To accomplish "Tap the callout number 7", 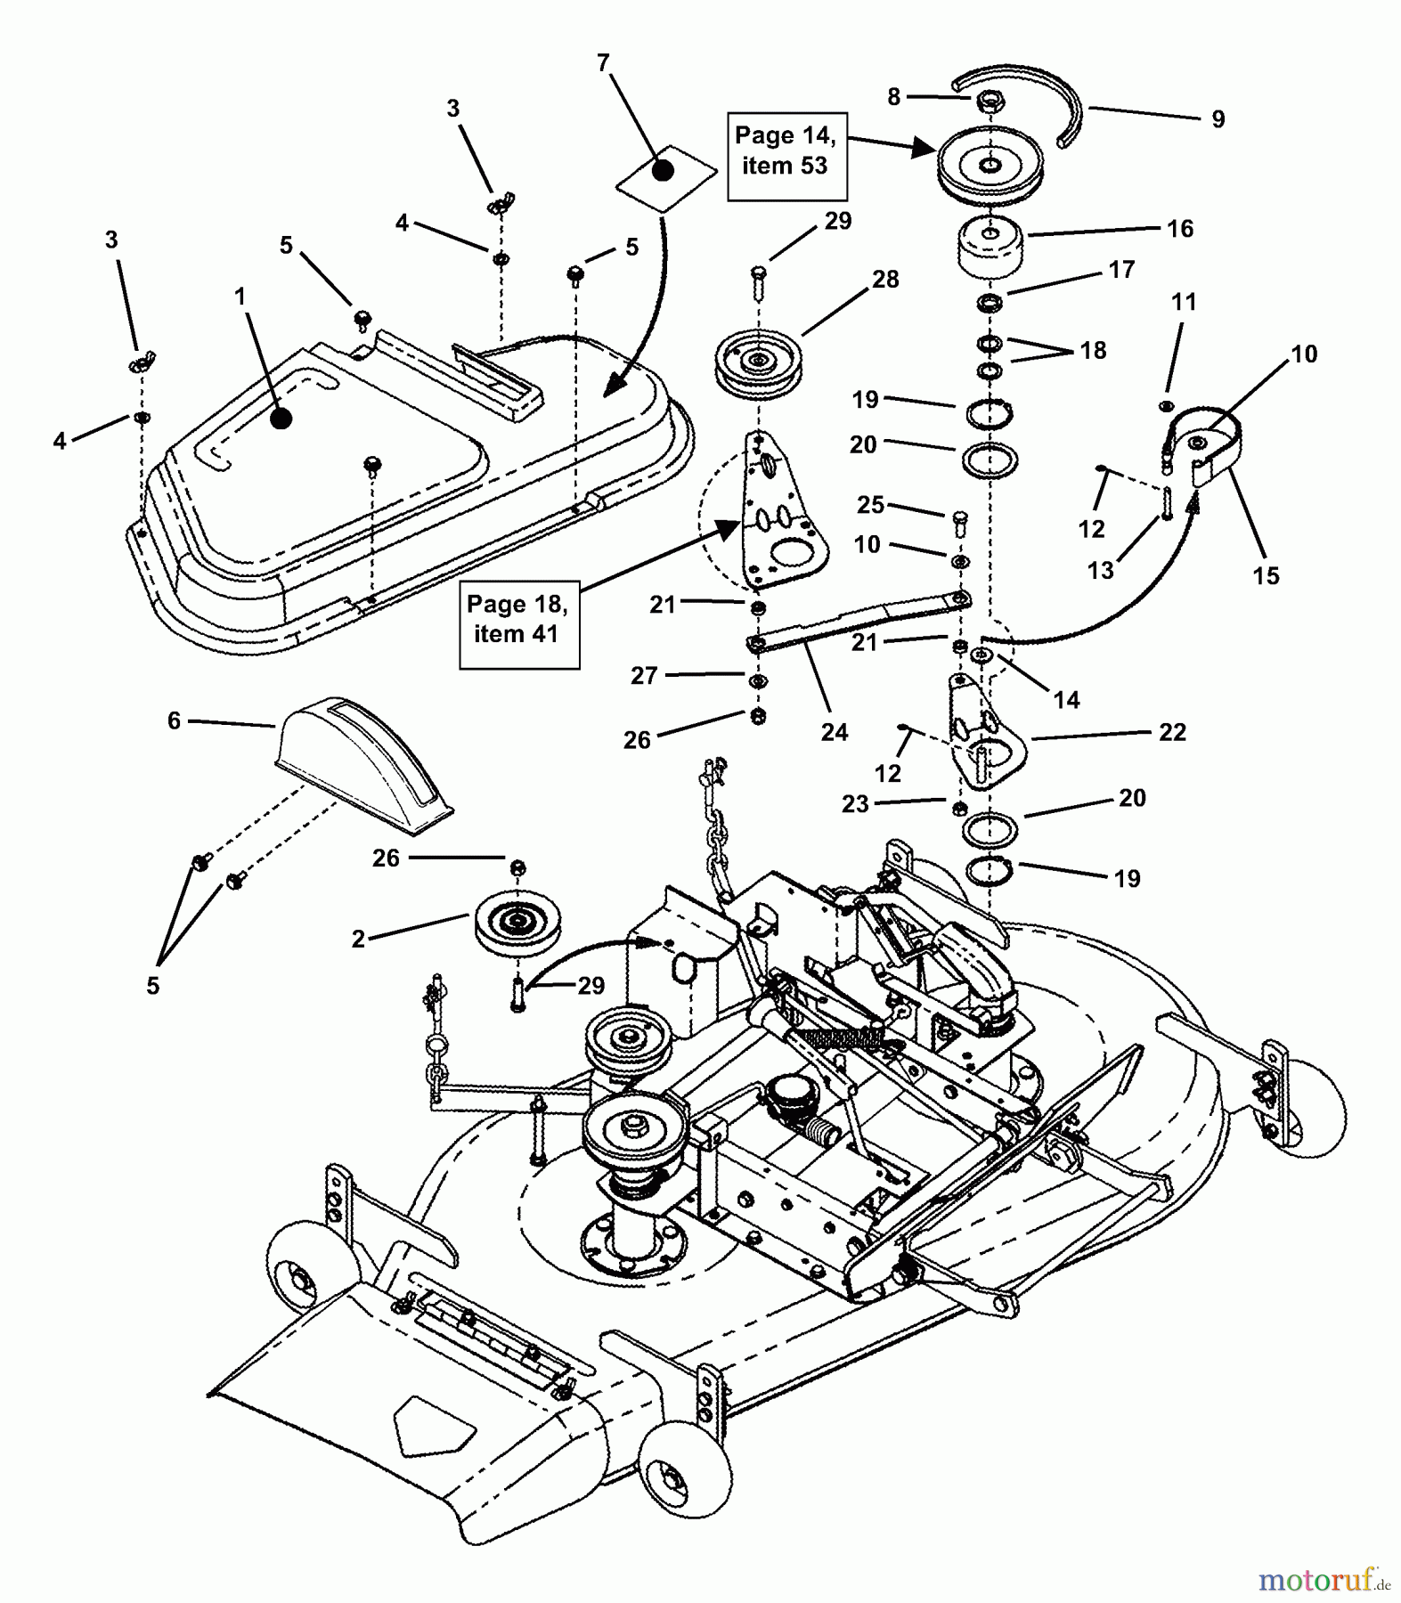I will coord(603,62).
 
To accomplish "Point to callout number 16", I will coord(1180,229).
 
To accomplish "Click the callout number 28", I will coord(885,279).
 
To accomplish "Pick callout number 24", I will coord(835,732).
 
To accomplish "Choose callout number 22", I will coord(1172,732).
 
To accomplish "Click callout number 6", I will coord(175,720).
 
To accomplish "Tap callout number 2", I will coord(358,939).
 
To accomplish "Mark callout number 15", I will coord(1266,575).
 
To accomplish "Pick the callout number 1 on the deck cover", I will coord(240,296).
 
